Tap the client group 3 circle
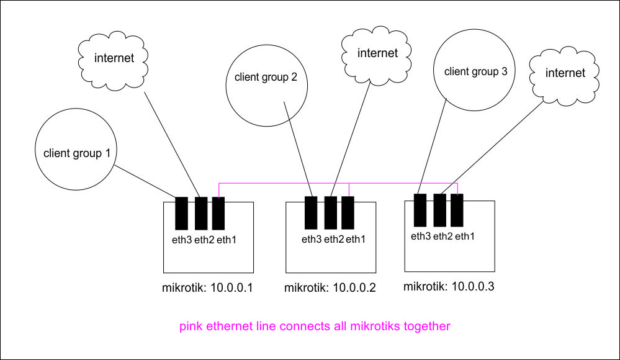click(475, 70)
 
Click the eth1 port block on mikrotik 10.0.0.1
click(218, 214)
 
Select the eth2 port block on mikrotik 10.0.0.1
click(200, 214)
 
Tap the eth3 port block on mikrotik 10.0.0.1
click(181, 214)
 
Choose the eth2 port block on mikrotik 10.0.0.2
click(331, 213)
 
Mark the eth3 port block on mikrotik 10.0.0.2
click(312, 213)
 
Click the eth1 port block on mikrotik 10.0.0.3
click(457, 210)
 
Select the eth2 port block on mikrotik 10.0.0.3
click(440, 210)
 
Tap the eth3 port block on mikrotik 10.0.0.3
click(420, 210)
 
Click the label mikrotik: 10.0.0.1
click(208, 288)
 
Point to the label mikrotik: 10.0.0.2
click(330, 288)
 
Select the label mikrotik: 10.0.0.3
click(449, 287)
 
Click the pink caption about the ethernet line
click(315, 326)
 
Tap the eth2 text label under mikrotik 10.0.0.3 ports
click(442, 236)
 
